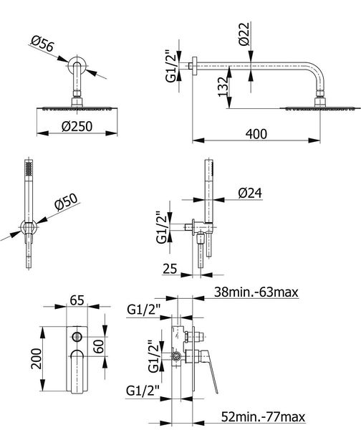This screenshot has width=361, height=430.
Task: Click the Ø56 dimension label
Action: click(43, 43)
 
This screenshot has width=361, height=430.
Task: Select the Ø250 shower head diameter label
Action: click(77, 126)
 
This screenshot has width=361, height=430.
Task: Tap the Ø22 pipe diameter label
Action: click(244, 34)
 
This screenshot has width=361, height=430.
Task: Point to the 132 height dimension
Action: click(223, 87)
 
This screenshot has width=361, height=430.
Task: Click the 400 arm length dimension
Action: click(256, 134)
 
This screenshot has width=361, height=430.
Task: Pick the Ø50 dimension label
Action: click(67, 201)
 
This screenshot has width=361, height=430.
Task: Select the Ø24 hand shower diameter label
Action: click(250, 193)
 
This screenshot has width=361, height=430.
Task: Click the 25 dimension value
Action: click(170, 269)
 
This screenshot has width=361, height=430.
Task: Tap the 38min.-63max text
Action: click(256, 292)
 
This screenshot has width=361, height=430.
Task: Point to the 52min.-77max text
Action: click(263, 417)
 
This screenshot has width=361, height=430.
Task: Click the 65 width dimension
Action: click(77, 300)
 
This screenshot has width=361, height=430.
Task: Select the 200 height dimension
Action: click(37, 359)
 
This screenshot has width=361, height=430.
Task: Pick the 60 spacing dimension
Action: click(98, 346)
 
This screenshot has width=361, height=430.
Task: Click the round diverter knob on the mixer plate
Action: click(77, 336)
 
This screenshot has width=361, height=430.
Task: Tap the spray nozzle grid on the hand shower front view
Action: click(29, 168)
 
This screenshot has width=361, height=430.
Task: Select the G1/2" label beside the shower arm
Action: click(170, 66)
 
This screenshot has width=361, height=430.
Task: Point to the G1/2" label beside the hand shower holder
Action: click(161, 227)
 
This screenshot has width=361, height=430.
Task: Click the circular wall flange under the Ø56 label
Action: click(77, 65)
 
